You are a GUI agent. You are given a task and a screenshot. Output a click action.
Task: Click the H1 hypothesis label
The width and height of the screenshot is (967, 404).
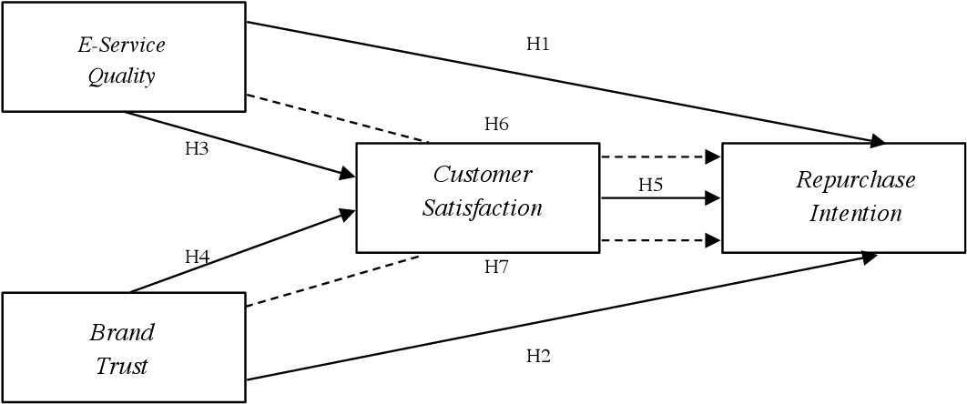pos(538,44)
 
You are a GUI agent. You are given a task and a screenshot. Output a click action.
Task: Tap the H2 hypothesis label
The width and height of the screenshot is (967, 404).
pos(538,356)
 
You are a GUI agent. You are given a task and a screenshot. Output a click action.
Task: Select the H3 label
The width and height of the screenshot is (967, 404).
pos(197,147)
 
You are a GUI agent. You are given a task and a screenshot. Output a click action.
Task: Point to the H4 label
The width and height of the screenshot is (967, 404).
pos(198,258)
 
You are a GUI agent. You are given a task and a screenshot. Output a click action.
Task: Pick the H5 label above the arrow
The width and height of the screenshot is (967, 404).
pos(650,185)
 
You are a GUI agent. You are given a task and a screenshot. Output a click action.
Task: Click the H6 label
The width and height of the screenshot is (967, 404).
pos(496,125)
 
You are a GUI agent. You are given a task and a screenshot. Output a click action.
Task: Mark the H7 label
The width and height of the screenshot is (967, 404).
pos(496,267)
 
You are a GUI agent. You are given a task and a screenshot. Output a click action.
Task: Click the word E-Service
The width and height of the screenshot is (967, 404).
pos(122,45)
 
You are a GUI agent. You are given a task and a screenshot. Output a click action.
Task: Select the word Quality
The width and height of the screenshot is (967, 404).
pos(122,76)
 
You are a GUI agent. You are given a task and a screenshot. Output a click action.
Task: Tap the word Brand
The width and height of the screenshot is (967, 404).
pos(122,331)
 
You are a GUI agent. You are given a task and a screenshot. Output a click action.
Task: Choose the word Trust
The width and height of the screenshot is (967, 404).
pos(122,367)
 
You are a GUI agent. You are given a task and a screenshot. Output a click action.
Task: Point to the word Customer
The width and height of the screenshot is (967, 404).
pos(483,174)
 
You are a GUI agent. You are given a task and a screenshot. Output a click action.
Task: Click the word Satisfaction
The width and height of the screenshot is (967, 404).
pos(483,208)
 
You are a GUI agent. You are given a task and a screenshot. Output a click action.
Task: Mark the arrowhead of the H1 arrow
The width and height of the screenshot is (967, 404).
pos(878,141)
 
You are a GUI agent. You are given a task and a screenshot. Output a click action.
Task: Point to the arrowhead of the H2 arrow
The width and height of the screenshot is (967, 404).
pos(870,258)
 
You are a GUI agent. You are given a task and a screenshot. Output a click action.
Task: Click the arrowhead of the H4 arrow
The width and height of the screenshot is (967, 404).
pos(348,214)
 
